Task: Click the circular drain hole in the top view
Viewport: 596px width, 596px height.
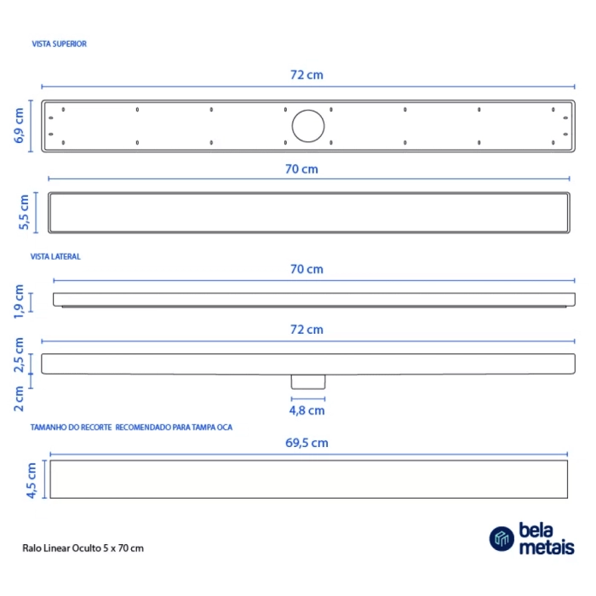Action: (x=308, y=126)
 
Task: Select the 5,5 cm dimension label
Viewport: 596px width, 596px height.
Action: (x=25, y=212)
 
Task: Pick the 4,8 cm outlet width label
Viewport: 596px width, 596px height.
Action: (x=307, y=410)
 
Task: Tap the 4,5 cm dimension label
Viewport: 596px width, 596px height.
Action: (x=31, y=480)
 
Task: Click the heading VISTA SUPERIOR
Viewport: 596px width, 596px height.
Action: (x=59, y=43)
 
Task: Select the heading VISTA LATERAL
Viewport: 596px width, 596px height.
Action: (x=55, y=255)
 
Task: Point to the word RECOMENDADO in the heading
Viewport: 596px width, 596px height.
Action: (x=142, y=427)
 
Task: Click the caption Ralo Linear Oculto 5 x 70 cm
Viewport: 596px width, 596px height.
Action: (x=83, y=548)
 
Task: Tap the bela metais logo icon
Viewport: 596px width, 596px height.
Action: (x=501, y=538)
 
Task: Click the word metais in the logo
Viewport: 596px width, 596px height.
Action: (x=545, y=548)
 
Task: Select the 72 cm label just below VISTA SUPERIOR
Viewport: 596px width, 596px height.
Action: (x=307, y=75)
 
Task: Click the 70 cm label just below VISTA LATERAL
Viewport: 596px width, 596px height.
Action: (x=307, y=269)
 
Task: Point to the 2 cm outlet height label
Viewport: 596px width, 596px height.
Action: (x=19, y=398)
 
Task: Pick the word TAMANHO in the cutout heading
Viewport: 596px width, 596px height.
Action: (x=47, y=427)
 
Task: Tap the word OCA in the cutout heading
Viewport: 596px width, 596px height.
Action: (x=223, y=427)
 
